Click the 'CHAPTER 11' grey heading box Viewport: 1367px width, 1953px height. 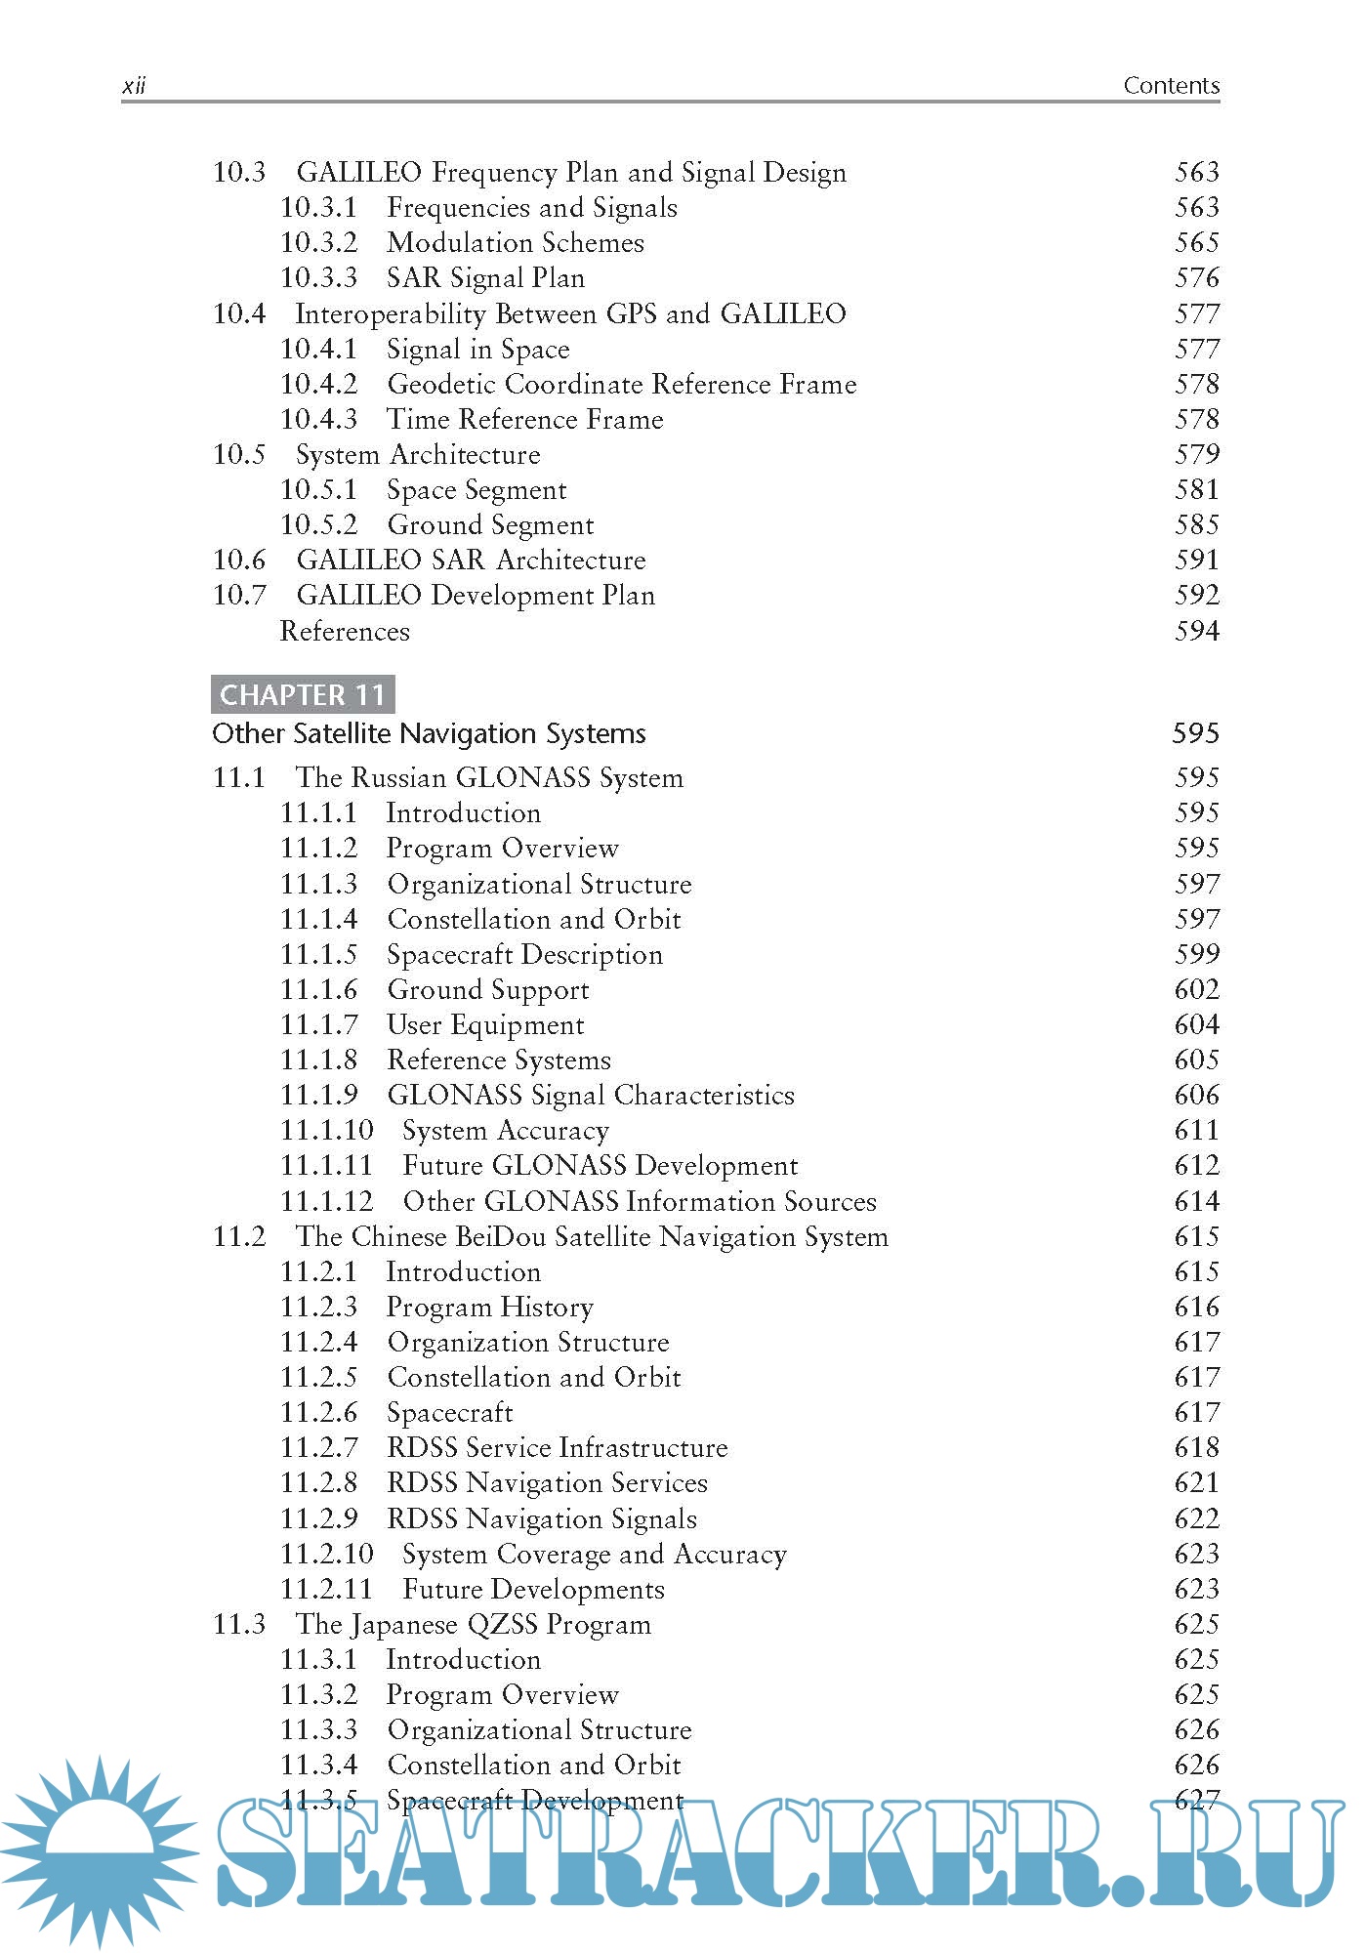coord(303,694)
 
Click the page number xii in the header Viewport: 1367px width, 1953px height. coord(134,86)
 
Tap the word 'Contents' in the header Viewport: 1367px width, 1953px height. coord(1171,86)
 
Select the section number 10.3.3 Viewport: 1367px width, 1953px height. coord(318,278)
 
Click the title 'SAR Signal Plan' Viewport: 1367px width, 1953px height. coord(485,278)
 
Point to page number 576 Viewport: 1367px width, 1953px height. coord(1196,278)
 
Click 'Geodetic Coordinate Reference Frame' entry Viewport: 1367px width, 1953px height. coord(621,384)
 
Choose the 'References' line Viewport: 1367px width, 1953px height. coord(345,631)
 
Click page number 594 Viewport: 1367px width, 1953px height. coord(1196,631)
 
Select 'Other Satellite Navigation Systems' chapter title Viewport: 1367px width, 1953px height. coord(429,733)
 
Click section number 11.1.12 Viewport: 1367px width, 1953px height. coord(326,1201)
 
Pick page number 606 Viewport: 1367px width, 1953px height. coord(1196,1096)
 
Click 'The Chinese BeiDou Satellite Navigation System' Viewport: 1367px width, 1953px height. coord(592,1237)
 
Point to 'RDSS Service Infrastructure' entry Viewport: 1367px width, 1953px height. coord(557,1448)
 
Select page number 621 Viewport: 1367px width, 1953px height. coord(1196,1483)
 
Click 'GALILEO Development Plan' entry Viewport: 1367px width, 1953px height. coord(476,596)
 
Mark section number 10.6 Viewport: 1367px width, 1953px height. coord(239,561)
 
